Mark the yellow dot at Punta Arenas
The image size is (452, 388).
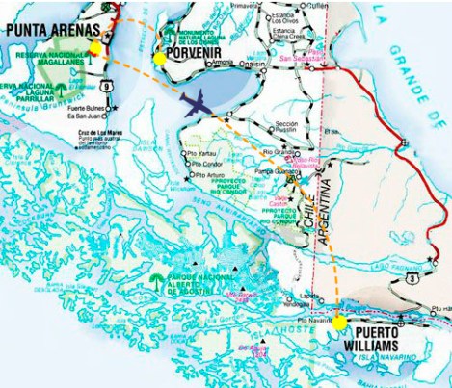(95, 48)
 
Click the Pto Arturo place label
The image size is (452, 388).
(209, 175)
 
